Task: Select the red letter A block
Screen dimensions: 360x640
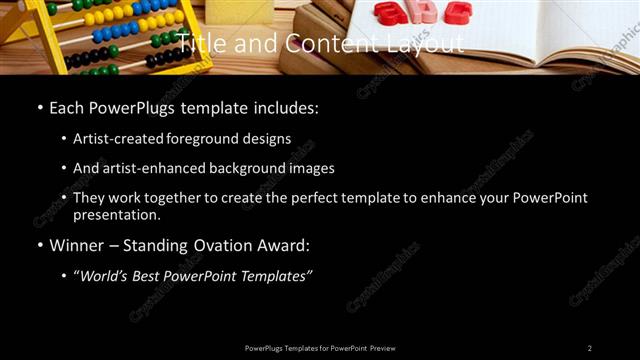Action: coord(387,12)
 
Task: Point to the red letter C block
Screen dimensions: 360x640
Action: coord(457,12)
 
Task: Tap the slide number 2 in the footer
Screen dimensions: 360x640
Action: coord(589,348)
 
